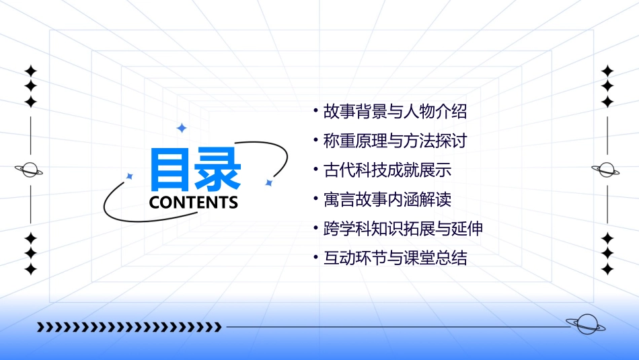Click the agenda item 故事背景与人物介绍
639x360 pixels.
395,111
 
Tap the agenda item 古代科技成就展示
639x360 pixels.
387,170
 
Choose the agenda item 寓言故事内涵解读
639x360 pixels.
387,199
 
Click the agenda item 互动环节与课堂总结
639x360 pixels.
395,258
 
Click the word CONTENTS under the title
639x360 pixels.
193,203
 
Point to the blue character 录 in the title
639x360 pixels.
217,170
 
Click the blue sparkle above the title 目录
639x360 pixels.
181,128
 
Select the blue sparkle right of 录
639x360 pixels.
268,182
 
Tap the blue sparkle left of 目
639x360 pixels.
130,176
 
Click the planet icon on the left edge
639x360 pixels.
30,170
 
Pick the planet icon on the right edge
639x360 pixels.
607,170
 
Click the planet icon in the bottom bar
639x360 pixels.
585,324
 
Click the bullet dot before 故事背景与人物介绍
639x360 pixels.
316,110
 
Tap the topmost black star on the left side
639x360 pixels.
30,71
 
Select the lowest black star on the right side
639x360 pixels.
607,269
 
